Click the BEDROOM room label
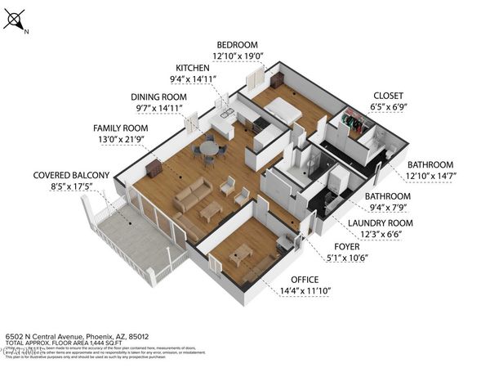(x=237, y=44)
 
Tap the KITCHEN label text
(x=197, y=68)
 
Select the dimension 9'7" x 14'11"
(x=163, y=108)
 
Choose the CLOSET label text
(x=388, y=95)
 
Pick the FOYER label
(x=347, y=245)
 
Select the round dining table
(x=210, y=149)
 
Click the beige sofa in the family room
(x=192, y=196)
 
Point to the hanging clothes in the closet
(x=353, y=123)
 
